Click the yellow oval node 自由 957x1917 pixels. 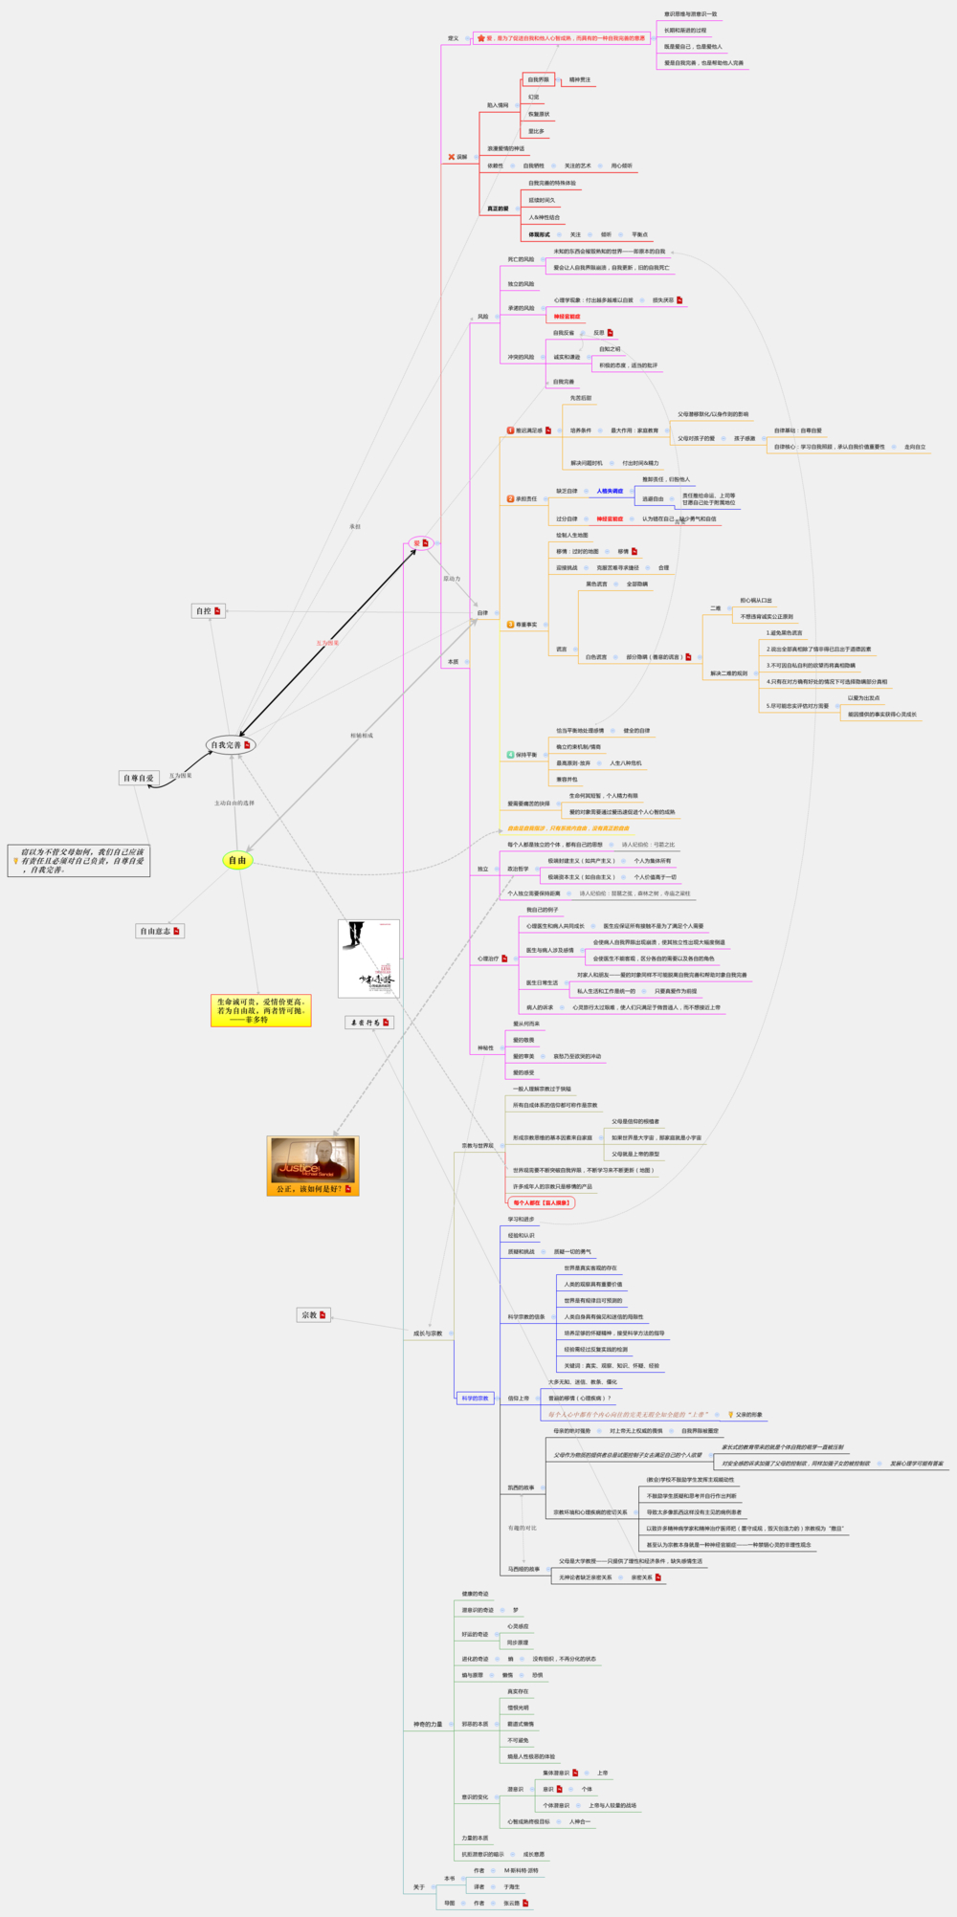[x=236, y=860]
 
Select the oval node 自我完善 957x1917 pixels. [x=231, y=744]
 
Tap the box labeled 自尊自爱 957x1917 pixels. [x=139, y=778]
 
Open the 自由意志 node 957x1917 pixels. [x=159, y=931]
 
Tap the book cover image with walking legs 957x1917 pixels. [x=368, y=958]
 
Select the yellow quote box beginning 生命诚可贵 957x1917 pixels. [x=261, y=1010]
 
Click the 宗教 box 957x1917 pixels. [x=313, y=1314]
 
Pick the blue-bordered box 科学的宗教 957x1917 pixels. [x=476, y=1398]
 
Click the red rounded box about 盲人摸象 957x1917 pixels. [x=541, y=1202]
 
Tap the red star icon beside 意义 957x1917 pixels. [x=480, y=38]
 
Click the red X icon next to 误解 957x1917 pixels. [x=452, y=157]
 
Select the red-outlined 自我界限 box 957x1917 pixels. [x=539, y=79]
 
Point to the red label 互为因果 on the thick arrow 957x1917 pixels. [x=327, y=643]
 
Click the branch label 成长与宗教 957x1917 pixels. [x=428, y=1333]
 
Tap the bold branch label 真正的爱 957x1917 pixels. [x=498, y=209]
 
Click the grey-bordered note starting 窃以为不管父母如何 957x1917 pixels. [x=79, y=860]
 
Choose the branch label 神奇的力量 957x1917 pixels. [x=428, y=1724]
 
